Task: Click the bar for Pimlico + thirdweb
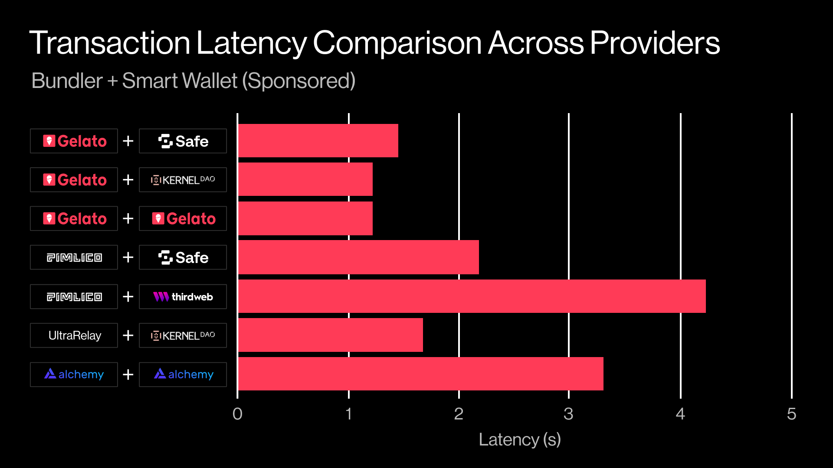coord(472,296)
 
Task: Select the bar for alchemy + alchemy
coord(421,374)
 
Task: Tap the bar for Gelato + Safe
coord(318,141)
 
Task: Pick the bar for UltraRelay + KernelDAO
coord(331,335)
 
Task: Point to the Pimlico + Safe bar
coord(358,257)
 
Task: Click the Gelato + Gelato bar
coord(305,218)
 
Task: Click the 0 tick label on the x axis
coord(237,414)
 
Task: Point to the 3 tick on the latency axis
coord(568,414)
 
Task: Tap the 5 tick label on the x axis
coord(791,414)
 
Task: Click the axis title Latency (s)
coord(520,440)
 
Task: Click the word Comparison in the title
coord(397,43)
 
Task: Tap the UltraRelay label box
coord(74,335)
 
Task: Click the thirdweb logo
coord(183,297)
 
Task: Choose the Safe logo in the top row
coord(183,141)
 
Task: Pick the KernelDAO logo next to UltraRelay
coord(183,335)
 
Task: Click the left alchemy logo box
coord(74,374)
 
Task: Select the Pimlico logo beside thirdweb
coord(74,297)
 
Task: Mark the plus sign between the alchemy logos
coord(128,374)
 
